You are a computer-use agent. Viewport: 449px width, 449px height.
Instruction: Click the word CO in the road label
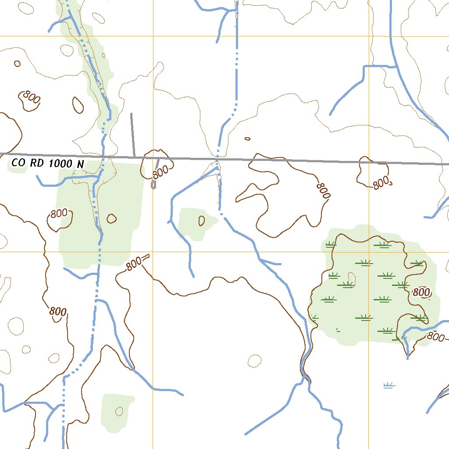(x=18, y=163)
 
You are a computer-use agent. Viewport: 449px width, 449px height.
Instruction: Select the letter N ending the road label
(x=80, y=164)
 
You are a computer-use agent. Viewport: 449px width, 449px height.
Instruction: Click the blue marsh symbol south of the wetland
(x=389, y=385)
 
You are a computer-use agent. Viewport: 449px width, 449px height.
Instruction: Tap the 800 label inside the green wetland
(x=421, y=292)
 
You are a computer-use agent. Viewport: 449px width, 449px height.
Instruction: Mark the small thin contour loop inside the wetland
(x=351, y=278)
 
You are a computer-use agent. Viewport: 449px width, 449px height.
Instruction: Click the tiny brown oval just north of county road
(x=247, y=139)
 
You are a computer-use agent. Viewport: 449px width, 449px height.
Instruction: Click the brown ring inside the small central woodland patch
(x=201, y=221)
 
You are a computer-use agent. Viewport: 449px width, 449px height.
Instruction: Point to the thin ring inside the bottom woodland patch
(x=119, y=411)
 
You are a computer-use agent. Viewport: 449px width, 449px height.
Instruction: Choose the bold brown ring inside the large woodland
(x=111, y=218)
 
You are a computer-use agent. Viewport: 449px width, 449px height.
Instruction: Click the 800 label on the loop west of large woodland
(x=59, y=214)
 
